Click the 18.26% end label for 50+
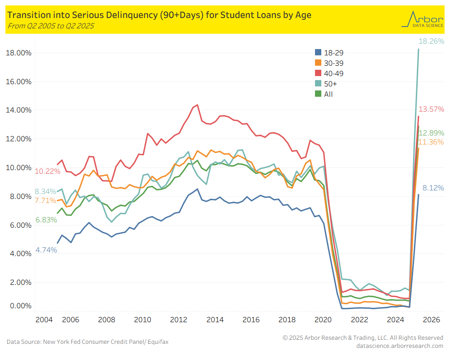(x=431, y=41)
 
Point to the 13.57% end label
(x=431, y=109)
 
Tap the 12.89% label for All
(x=431, y=133)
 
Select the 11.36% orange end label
(x=431, y=142)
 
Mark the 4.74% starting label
(x=46, y=250)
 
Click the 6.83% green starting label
(x=46, y=220)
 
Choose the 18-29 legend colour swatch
(x=318, y=53)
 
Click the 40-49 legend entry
(x=333, y=73)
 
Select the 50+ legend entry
(x=330, y=84)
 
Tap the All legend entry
(x=328, y=94)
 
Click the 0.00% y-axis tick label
(x=21, y=306)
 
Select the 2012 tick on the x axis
(x=179, y=320)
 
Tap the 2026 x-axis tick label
(x=432, y=320)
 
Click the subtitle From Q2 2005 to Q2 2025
(x=51, y=26)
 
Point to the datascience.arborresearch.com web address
(x=399, y=346)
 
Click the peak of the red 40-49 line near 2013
(x=197, y=105)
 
